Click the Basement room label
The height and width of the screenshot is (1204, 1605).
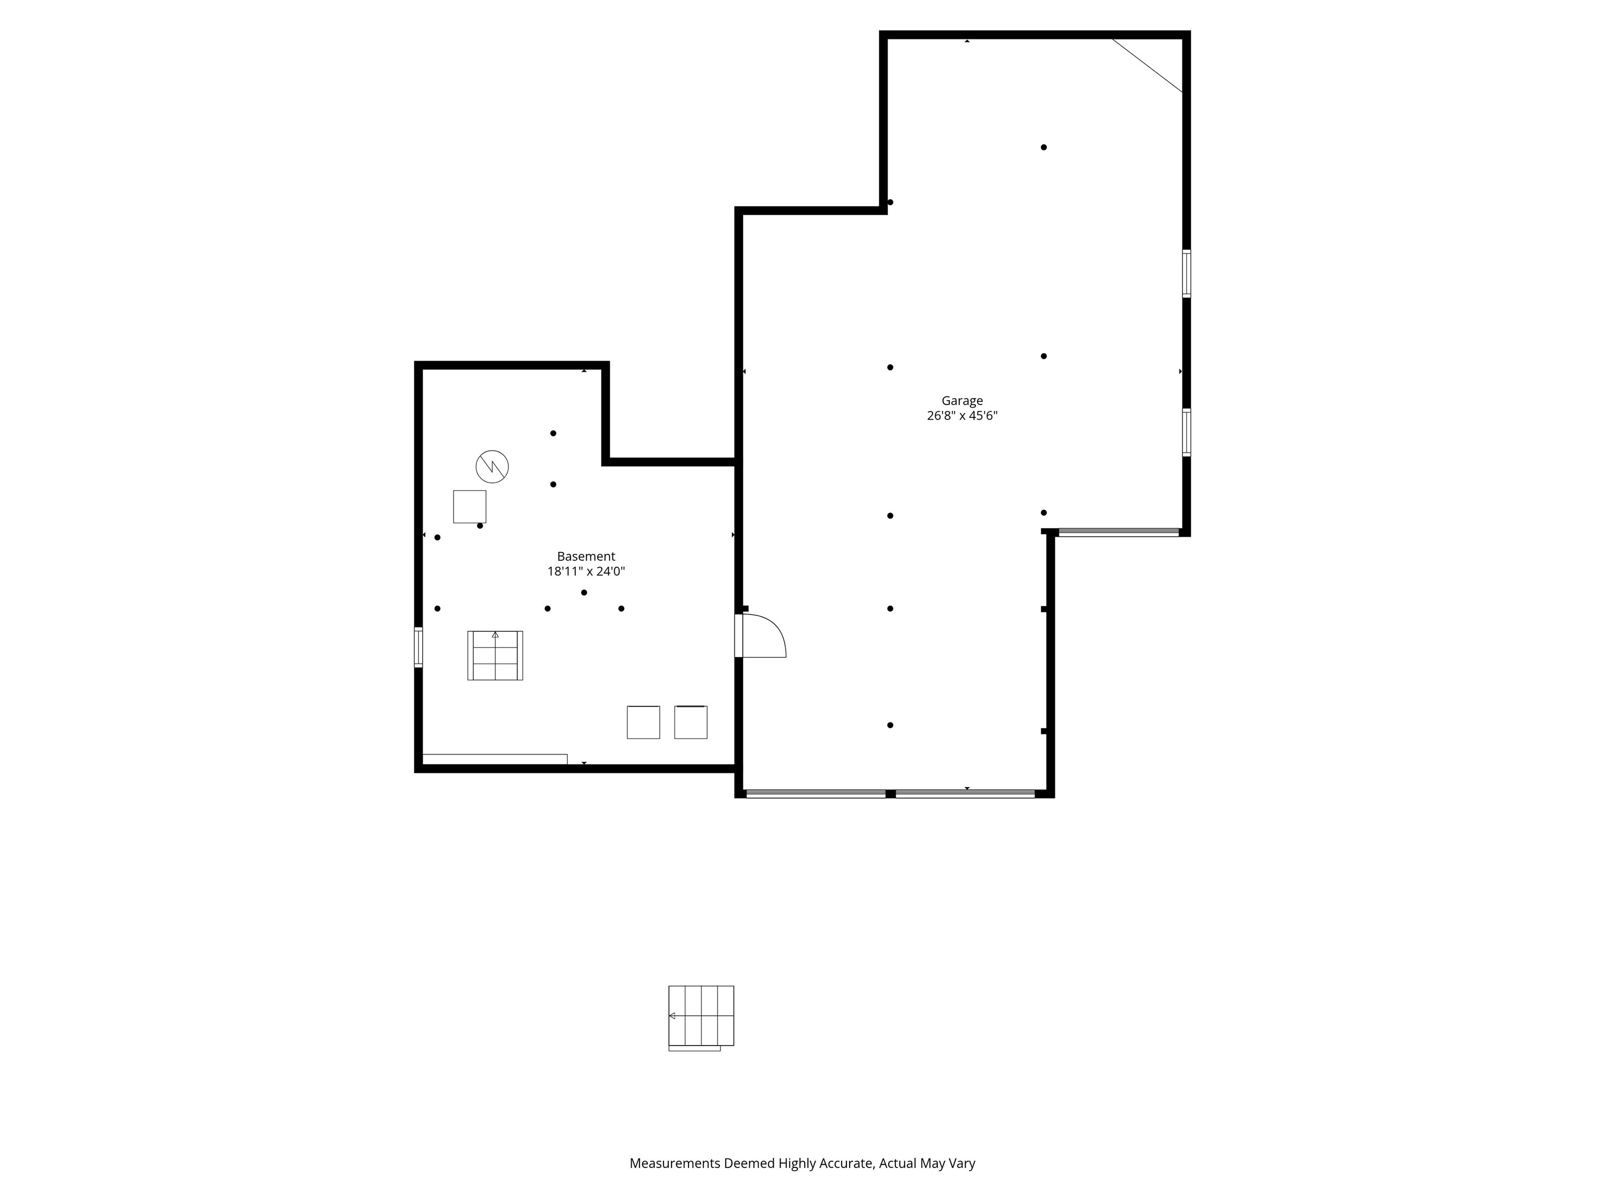[x=586, y=557]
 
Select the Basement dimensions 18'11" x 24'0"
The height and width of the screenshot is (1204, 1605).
[x=586, y=572]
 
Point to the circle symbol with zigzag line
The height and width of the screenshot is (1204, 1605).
[x=492, y=467]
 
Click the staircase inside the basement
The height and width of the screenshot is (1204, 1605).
[x=495, y=655]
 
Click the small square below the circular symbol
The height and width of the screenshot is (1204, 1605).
[x=470, y=506]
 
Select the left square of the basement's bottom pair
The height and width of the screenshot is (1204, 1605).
[x=643, y=722]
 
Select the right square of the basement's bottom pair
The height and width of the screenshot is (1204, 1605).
[x=691, y=722]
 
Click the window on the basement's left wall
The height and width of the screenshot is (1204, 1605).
[x=418, y=646]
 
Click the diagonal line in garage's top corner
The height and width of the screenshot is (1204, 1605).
[x=1148, y=65]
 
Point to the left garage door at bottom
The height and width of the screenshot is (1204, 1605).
[x=816, y=794]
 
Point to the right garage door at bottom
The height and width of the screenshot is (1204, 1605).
[x=965, y=794]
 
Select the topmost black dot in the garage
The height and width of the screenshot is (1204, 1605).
[x=1043, y=147]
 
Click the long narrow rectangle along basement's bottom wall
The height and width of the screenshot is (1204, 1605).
[x=494, y=759]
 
